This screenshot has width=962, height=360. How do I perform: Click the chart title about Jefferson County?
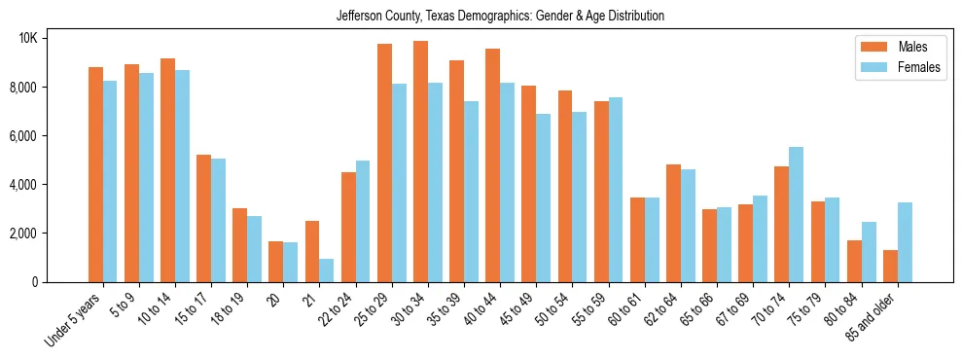[x=500, y=16]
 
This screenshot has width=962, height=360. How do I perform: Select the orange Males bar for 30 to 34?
[x=420, y=162]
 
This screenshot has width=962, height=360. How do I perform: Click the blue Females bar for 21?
[x=327, y=270]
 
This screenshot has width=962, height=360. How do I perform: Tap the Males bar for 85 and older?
[x=889, y=266]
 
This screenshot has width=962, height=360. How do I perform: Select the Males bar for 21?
[x=312, y=251]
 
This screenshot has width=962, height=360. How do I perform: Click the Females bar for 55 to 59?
[x=616, y=190]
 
